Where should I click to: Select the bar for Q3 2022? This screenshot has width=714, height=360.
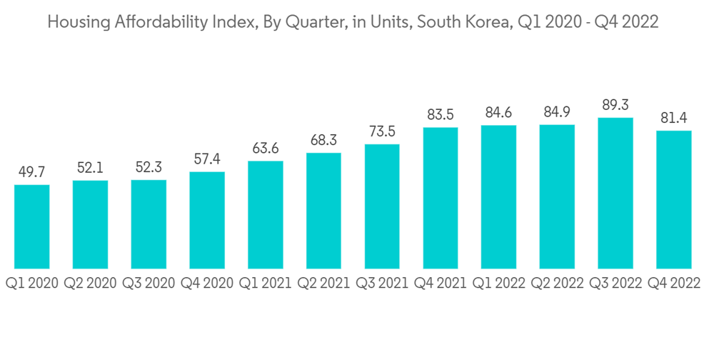[x=615, y=194]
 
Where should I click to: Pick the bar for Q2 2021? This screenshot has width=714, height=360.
[x=323, y=211]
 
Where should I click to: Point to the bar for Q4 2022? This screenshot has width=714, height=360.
[x=674, y=200]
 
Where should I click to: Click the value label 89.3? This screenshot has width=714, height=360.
[x=615, y=105]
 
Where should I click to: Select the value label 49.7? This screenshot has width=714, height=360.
[x=31, y=172]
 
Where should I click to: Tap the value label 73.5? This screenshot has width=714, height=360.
[x=382, y=132]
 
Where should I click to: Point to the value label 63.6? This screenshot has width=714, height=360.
[x=266, y=149]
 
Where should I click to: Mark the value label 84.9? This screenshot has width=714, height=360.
[x=557, y=112]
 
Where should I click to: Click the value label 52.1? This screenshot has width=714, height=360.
[x=90, y=168]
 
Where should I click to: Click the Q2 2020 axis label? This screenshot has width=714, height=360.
[x=90, y=284]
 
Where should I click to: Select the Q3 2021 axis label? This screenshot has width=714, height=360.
[x=382, y=284]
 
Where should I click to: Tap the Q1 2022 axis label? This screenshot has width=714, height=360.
[x=498, y=284]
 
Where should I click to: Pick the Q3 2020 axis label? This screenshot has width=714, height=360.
[x=149, y=284]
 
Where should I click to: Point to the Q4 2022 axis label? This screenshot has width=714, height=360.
[x=674, y=284]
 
